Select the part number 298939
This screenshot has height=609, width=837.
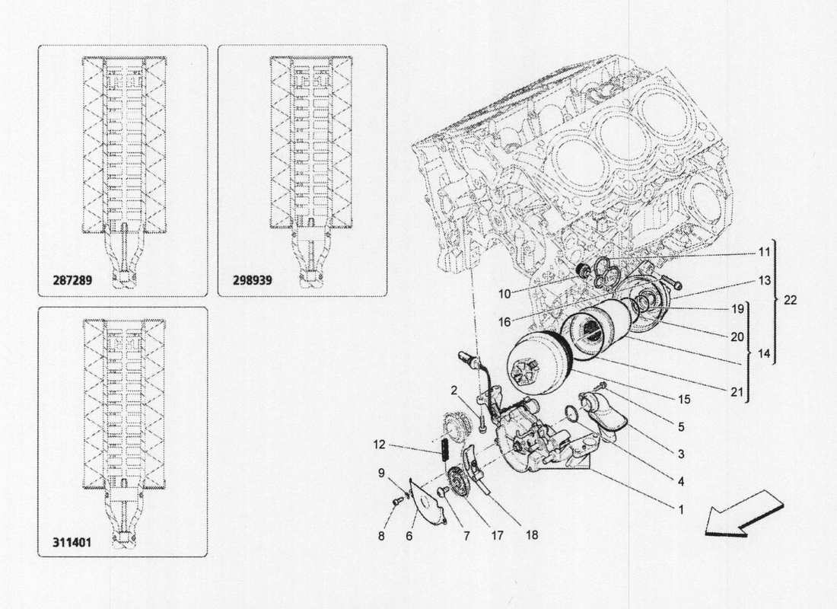[247, 281]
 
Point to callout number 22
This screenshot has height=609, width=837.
[789, 300]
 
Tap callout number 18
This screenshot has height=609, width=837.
[530, 535]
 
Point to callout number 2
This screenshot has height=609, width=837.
[454, 391]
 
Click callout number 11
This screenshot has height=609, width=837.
[763, 251]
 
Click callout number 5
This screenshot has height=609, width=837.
[681, 427]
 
